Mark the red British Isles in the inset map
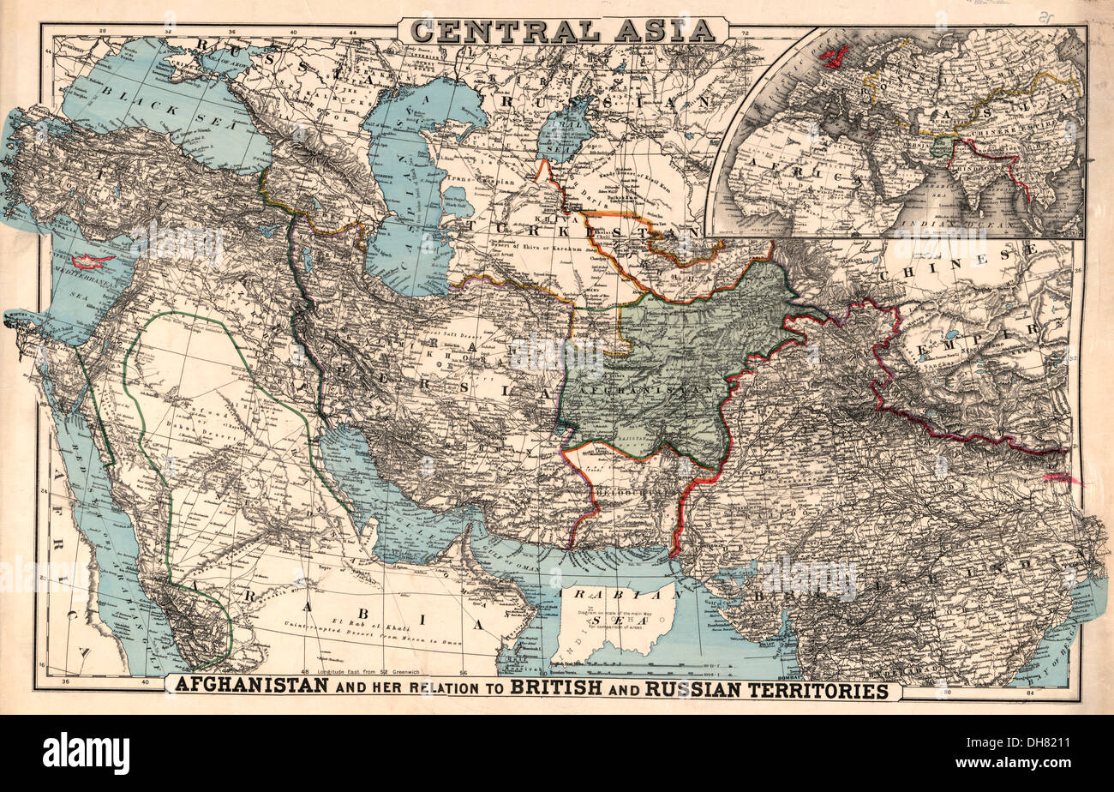point(833,57)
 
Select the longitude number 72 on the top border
point(745,33)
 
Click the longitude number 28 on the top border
point(102,33)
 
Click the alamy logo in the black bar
point(86,753)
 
